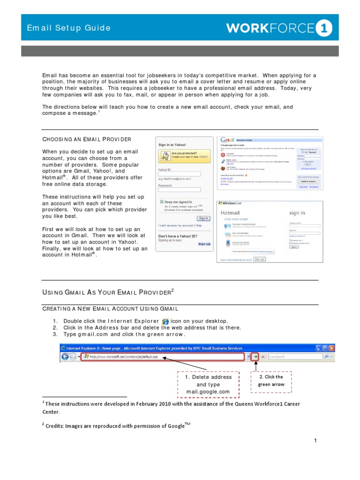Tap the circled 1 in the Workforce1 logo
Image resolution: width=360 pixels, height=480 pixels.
(323, 29)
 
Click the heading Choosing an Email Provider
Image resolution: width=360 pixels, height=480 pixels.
(87, 139)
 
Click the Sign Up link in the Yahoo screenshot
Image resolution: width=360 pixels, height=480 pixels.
(204, 244)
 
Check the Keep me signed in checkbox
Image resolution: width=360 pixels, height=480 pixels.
(162, 202)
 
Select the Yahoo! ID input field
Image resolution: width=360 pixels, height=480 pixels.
(180, 174)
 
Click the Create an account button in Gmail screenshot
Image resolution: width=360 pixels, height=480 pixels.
(308, 181)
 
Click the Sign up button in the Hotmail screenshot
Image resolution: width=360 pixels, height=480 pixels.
(259, 259)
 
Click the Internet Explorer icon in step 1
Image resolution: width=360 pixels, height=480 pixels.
(165, 321)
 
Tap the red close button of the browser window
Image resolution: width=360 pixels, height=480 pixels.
(331, 348)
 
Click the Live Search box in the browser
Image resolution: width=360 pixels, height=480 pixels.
(300, 357)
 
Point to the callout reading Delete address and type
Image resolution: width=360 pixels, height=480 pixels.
(208, 384)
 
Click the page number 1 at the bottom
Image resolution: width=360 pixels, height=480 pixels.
(316, 441)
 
